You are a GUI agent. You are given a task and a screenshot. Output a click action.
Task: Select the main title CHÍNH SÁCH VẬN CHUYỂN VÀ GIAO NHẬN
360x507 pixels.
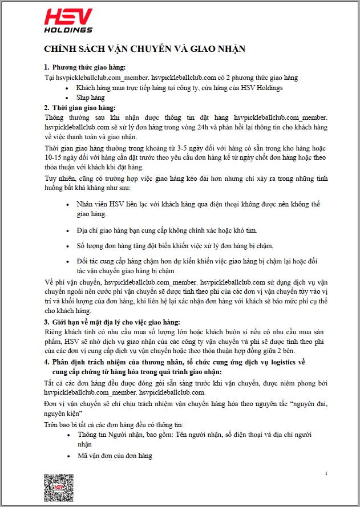click(145, 49)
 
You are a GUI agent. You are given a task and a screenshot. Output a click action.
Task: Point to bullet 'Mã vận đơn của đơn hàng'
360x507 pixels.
click(115, 456)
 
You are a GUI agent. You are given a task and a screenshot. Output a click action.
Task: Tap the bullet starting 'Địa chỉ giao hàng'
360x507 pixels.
click(167, 230)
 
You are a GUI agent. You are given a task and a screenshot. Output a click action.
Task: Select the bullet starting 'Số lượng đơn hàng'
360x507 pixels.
click(175, 246)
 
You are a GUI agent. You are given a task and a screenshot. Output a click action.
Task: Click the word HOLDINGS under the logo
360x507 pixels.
click(68, 30)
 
